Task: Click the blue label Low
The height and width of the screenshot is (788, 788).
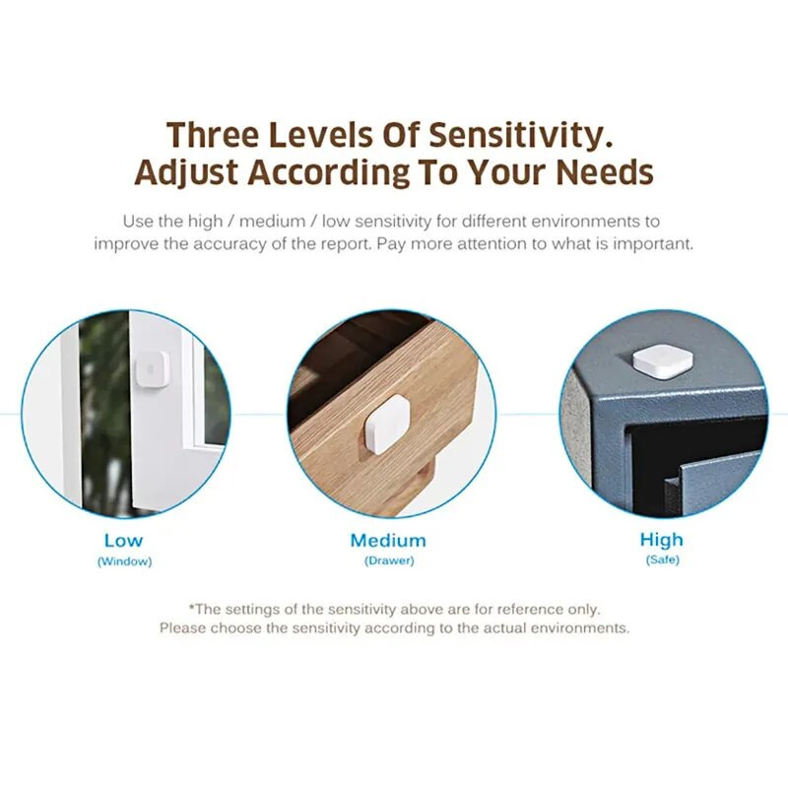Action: (x=123, y=540)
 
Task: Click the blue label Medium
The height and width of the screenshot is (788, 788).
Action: (x=388, y=540)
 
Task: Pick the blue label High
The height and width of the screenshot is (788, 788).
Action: (x=661, y=540)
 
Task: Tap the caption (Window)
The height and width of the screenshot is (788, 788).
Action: (x=124, y=561)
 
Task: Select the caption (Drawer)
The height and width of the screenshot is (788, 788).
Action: (x=389, y=561)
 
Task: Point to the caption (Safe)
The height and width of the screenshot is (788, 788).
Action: (x=662, y=560)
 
